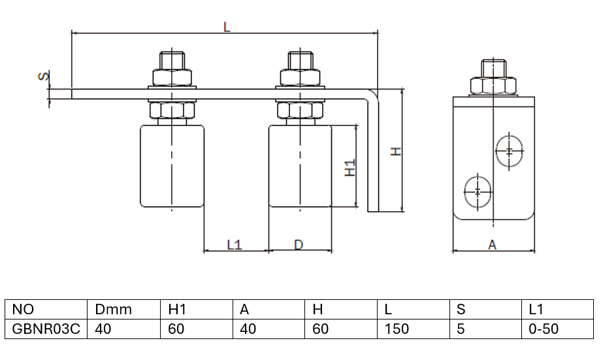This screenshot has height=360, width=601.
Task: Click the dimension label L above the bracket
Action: tap(226, 27)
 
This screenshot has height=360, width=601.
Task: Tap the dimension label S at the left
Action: tap(42, 76)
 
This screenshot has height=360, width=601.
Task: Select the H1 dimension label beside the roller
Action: tap(349, 167)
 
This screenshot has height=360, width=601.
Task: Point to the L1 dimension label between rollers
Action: tap(235, 245)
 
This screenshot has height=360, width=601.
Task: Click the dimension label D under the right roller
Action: tap(299, 245)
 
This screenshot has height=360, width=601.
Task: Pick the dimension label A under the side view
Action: tap(493, 245)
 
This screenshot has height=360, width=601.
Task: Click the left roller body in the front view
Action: tap(172, 167)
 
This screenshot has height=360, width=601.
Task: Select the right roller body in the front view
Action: tap(300, 167)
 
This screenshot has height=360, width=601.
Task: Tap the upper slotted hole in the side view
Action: tap(509, 151)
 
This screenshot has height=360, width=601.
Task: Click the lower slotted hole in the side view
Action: tap(478, 191)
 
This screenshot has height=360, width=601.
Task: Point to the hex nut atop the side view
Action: tap(493, 86)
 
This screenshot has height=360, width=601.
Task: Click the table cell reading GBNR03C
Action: tap(46, 329)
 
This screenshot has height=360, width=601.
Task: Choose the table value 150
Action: tap(397, 329)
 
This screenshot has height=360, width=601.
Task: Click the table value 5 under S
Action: tap(461, 329)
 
